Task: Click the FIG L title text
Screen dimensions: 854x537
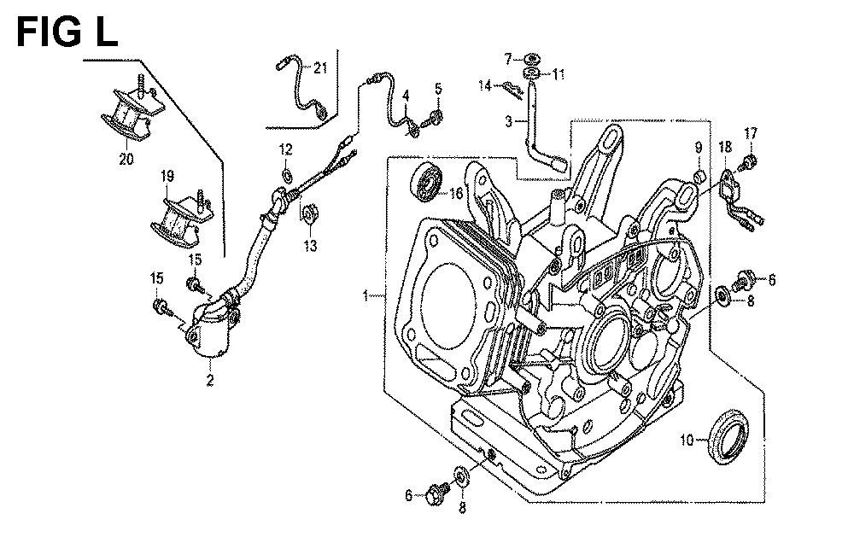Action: [67, 32]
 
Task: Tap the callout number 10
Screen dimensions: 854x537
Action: [687, 439]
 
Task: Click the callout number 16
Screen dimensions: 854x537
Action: [456, 192]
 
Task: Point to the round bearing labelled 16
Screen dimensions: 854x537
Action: [426, 183]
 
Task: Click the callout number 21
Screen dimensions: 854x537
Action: [320, 68]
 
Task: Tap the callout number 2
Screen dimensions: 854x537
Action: [210, 380]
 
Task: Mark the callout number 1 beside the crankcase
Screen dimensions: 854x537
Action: [366, 295]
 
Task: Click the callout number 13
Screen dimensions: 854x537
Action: [311, 246]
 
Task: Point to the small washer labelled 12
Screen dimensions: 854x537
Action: [286, 175]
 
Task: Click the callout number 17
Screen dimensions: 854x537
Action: [751, 133]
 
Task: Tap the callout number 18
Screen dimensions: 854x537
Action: [725, 147]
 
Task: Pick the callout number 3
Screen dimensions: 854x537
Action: [508, 121]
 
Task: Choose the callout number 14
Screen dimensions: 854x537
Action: [485, 85]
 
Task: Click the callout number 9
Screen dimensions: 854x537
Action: [699, 147]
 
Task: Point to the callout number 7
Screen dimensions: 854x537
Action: [507, 58]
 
